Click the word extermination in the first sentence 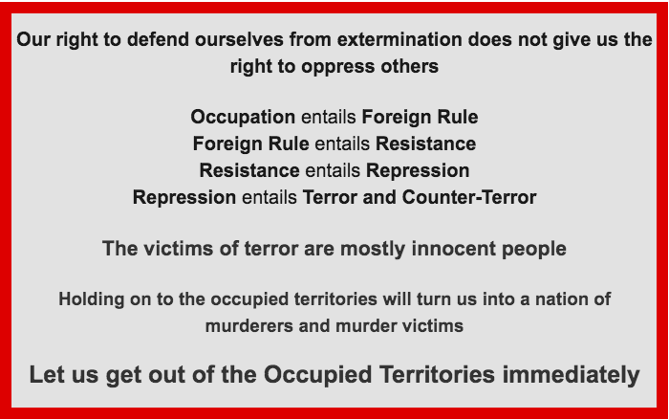pos(399,39)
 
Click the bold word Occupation pos(243,117)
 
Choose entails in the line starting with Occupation pos(329,117)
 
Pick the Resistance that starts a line pos(249,170)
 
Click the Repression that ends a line pos(418,170)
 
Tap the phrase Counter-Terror pos(469,197)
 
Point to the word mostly pos(373,249)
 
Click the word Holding pos(92,299)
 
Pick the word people pos(533,249)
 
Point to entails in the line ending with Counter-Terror pos(270,197)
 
